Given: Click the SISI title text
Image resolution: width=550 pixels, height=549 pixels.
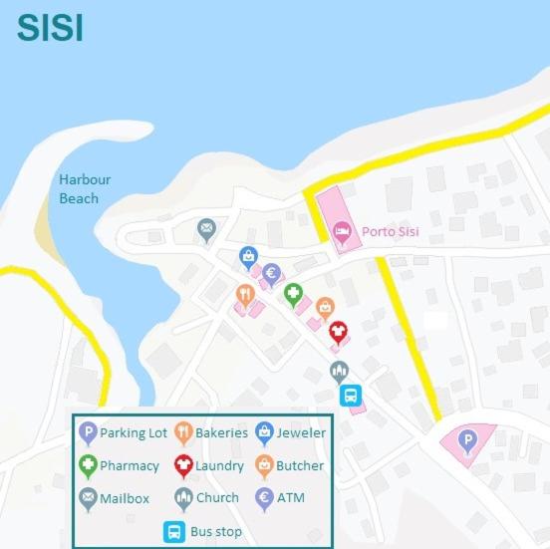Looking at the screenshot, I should click(x=50, y=28).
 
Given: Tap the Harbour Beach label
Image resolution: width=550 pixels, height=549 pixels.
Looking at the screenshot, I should click(x=84, y=189).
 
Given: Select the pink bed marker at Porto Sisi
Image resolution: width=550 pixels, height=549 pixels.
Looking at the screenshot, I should click(x=342, y=231).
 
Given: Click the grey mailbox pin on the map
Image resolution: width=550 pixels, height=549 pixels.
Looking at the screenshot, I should click(x=206, y=229).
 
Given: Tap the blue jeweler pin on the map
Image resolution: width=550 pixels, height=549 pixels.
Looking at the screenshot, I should click(x=248, y=257).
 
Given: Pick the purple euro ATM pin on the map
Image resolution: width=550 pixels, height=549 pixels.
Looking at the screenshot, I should click(x=270, y=273).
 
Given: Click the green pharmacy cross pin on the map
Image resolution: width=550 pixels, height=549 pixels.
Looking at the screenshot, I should click(x=293, y=293).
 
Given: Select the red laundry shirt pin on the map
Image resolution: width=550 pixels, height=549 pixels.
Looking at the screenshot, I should click(x=338, y=330).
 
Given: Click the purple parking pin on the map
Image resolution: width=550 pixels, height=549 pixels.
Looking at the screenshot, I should click(x=465, y=438).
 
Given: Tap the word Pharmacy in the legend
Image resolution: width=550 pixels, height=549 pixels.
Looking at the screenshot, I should click(x=130, y=465).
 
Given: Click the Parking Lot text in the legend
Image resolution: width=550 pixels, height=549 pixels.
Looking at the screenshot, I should click(x=134, y=433).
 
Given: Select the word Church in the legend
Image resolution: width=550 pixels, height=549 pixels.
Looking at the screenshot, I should click(x=217, y=497).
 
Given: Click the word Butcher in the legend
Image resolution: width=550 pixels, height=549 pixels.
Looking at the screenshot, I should click(x=300, y=465).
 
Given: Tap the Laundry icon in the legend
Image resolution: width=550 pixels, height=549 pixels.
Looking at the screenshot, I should click(x=183, y=464).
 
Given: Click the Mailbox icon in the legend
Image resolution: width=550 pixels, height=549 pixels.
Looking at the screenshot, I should click(x=88, y=497).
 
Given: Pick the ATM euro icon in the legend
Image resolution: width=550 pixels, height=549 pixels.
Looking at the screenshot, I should click(x=264, y=497).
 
